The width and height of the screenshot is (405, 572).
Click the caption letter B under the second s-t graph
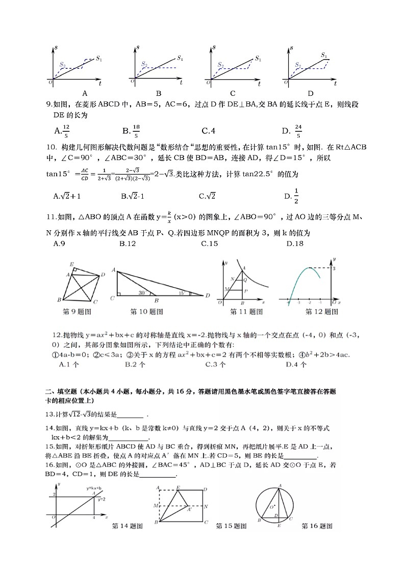(x=159, y=93)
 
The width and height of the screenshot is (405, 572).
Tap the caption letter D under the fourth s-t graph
(x=311, y=93)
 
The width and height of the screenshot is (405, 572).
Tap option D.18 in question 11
(x=295, y=243)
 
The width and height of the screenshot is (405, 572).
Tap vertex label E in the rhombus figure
(x=72, y=264)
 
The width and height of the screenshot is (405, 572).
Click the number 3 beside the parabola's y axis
(x=334, y=268)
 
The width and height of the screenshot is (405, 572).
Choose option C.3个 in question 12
(x=214, y=364)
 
